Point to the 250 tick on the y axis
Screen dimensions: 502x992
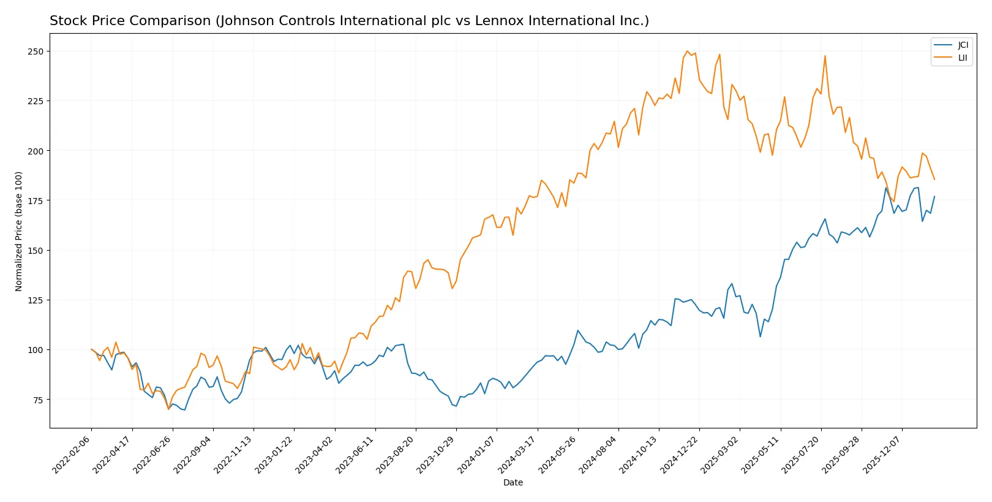[36, 51]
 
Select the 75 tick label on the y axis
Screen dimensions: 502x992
[38, 400]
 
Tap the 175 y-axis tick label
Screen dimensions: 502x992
[36, 200]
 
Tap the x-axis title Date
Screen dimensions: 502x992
[513, 482]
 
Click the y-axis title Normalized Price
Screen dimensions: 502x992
[18, 231]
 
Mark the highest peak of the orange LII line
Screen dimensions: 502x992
[687, 51]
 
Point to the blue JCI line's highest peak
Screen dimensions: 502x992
[886, 188]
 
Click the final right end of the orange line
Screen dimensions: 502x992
[934, 180]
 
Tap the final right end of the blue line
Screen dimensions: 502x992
[934, 197]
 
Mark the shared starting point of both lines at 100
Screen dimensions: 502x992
[91, 349]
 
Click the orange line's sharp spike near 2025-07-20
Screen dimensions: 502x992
[825, 56]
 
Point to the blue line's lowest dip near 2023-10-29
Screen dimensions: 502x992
[456, 406]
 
